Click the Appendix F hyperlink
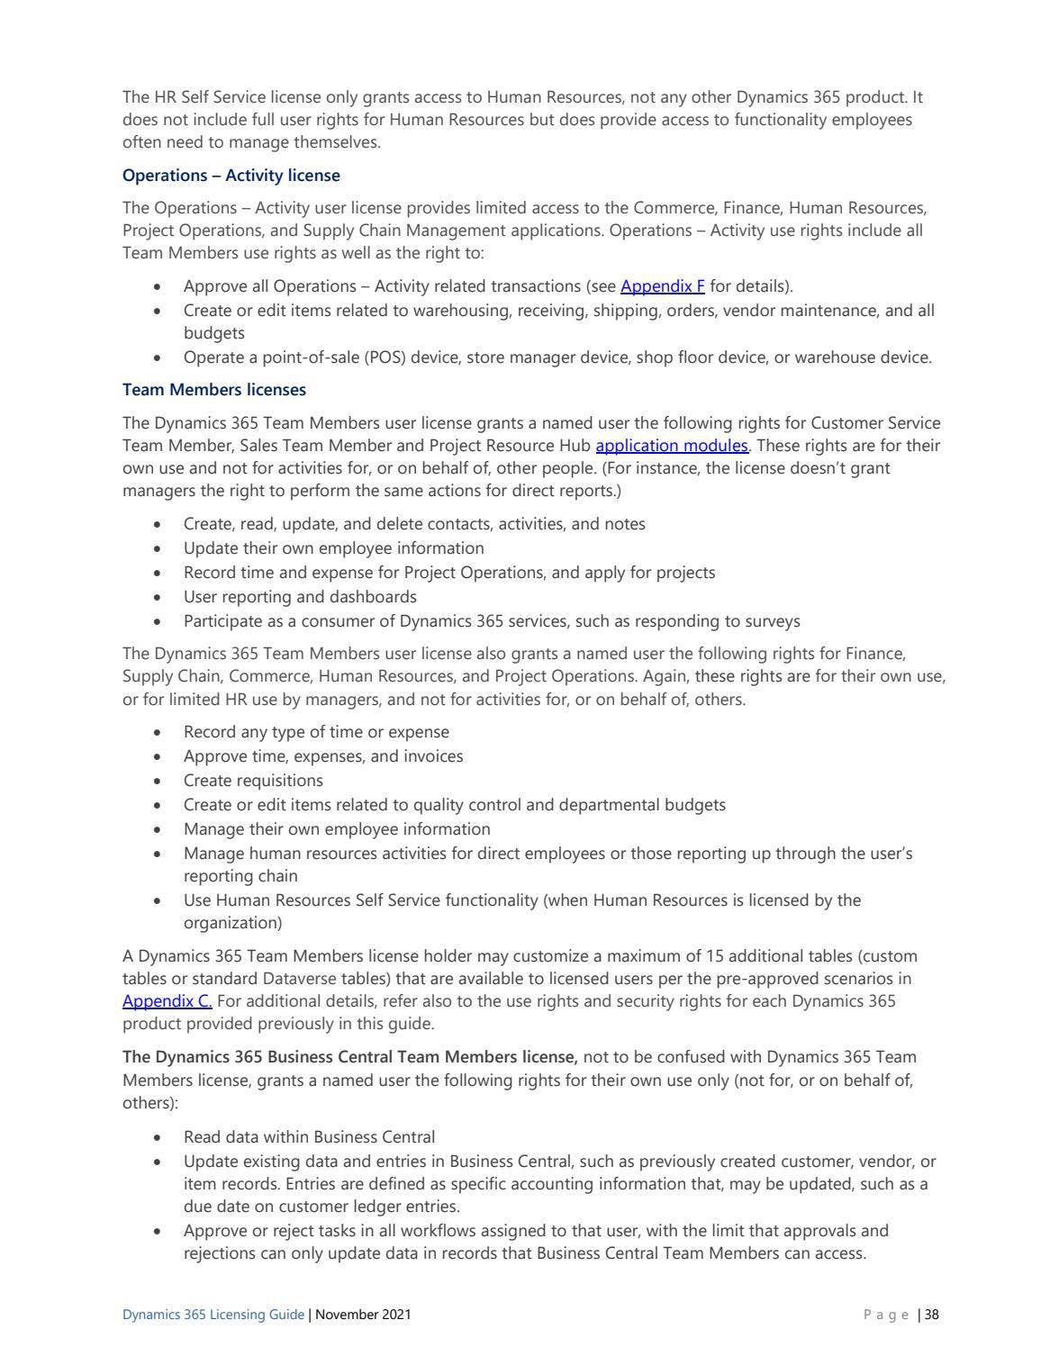click(x=662, y=286)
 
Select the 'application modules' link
click(x=672, y=445)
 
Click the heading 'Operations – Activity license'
click(x=231, y=175)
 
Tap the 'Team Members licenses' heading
click(x=213, y=390)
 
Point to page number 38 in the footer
click(x=931, y=1315)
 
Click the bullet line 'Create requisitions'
click(x=253, y=781)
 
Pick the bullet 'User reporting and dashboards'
click(x=300, y=597)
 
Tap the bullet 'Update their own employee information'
click(x=333, y=548)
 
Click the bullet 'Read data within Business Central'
click(x=309, y=1137)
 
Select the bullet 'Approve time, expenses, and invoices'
click(x=323, y=756)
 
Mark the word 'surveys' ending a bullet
click(x=773, y=621)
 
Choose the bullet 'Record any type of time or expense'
click(x=316, y=732)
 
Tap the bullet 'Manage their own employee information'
click(x=337, y=829)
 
